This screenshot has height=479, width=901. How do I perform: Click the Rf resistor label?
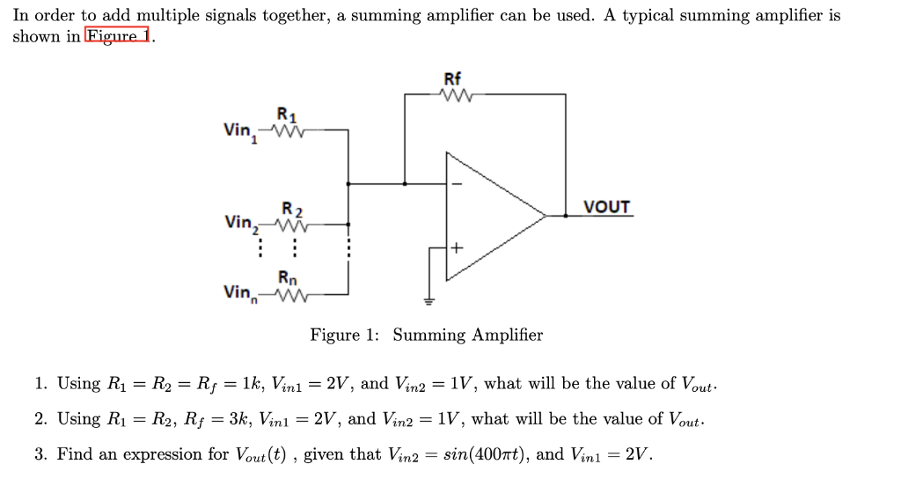tap(452, 78)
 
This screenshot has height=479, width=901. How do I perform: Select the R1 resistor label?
tap(287, 114)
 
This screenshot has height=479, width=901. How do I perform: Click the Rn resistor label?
tap(287, 278)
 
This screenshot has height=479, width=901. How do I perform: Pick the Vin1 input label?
tap(240, 131)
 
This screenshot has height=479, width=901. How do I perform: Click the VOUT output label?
tap(607, 207)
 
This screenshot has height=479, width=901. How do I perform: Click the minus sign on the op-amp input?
tap(456, 184)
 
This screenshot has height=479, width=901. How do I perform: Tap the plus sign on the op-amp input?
tap(456, 248)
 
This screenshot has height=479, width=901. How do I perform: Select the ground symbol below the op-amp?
tap(429, 301)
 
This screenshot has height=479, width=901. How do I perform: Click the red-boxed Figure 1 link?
tap(118, 36)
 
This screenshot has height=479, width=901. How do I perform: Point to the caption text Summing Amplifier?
tap(467, 335)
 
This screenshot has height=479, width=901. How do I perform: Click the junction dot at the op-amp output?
tap(565, 215)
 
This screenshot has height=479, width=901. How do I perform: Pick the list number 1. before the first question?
tap(40, 384)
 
